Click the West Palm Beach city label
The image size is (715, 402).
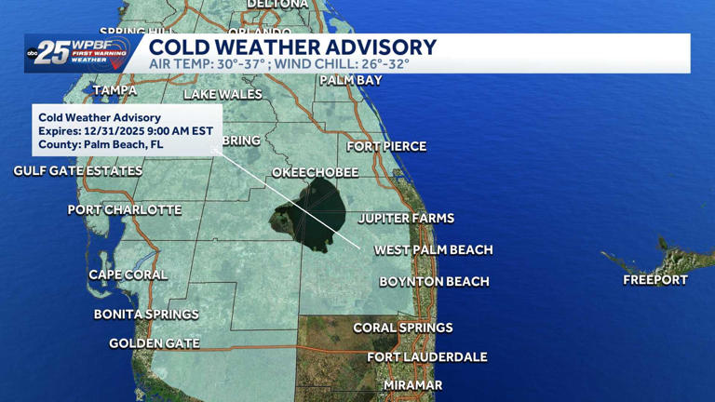click(433, 249)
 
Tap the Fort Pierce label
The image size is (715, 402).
click(386, 146)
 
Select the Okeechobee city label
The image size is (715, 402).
click(315, 172)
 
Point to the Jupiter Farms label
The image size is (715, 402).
click(406, 218)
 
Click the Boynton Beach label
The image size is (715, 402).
click(434, 281)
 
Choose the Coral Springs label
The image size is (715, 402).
click(402, 328)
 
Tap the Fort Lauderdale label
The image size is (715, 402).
click(426, 356)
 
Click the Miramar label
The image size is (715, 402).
click(412, 385)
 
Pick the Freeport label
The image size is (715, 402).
click(655, 279)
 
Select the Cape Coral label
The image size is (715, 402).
click(128, 275)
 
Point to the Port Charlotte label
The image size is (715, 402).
click(125, 209)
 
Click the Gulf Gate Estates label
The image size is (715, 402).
click(78, 171)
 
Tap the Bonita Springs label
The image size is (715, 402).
click(146, 315)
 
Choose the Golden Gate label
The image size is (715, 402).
click(155, 343)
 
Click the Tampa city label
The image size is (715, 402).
click(115, 90)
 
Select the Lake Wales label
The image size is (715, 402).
click(223, 94)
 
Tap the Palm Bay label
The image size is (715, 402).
click(350, 81)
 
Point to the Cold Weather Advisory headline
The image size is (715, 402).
click(292, 47)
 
